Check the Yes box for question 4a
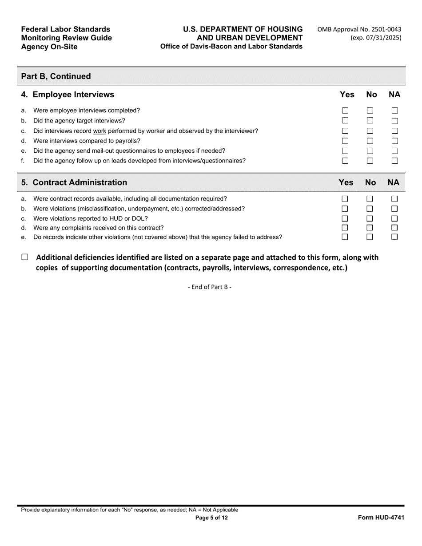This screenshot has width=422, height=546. pyautogui.click(x=345, y=111)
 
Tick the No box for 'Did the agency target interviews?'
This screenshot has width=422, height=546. pyautogui.click(x=370, y=121)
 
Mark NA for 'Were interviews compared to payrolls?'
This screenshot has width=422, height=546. pyautogui.click(x=394, y=141)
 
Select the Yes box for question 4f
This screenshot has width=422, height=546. pyautogui.click(x=345, y=161)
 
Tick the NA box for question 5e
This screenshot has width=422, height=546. pyautogui.click(x=394, y=237)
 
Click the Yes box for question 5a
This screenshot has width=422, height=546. pyautogui.click(x=345, y=199)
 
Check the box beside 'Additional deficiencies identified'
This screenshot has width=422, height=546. pyautogui.click(x=24, y=257)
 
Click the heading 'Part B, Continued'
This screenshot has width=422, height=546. pyautogui.click(x=56, y=76)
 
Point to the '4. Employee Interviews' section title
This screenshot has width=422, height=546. pyautogui.click(x=68, y=95)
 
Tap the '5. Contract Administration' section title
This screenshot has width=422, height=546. pyautogui.click(x=74, y=182)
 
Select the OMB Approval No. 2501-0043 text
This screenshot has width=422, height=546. pyautogui.click(x=359, y=29)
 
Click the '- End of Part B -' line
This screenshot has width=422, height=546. pyautogui.click(x=210, y=287)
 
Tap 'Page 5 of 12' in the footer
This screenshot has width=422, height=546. pyautogui.click(x=211, y=518)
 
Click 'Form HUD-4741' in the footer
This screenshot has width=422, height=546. pyautogui.click(x=381, y=518)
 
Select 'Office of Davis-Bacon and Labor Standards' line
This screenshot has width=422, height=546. pyautogui.click(x=231, y=47)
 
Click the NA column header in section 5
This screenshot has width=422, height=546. pyautogui.click(x=393, y=182)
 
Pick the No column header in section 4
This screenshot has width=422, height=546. pyautogui.click(x=371, y=95)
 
